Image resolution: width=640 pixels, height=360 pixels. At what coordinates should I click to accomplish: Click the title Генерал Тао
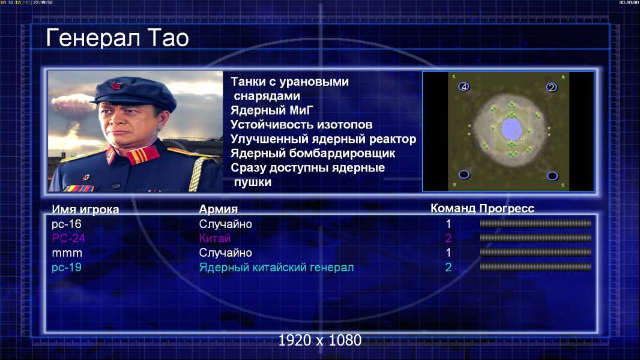(117, 38)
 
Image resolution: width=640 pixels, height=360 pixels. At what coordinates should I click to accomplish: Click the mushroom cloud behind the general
(72, 104)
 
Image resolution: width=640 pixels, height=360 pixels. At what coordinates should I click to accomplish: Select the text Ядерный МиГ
(272, 110)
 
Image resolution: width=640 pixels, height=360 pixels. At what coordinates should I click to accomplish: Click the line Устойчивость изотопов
(301, 124)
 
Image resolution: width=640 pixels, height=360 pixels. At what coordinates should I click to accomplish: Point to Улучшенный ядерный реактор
(323, 139)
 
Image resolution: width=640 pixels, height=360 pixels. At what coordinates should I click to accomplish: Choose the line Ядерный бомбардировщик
(313, 153)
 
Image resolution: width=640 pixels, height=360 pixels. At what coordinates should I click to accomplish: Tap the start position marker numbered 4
(463, 86)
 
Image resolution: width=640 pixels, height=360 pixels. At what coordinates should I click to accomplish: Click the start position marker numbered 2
(551, 87)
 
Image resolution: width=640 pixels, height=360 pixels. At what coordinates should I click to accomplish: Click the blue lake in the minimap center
(511, 129)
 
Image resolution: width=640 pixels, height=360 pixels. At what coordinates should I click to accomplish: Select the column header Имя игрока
(85, 209)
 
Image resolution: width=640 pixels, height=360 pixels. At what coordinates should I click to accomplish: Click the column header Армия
(218, 209)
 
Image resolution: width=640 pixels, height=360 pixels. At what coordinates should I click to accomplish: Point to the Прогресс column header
(507, 208)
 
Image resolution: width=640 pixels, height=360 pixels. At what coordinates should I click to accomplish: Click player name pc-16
(67, 224)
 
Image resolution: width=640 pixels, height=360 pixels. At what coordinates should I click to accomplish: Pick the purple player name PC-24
(68, 238)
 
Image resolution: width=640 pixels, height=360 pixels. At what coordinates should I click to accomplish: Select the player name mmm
(67, 253)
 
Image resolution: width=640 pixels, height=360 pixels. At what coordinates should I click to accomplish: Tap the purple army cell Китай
(215, 238)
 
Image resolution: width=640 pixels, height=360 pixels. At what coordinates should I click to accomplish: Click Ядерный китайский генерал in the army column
(276, 268)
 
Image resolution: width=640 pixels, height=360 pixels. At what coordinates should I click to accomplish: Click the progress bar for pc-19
(536, 267)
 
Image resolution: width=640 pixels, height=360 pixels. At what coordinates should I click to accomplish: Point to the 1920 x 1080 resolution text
(319, 340)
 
